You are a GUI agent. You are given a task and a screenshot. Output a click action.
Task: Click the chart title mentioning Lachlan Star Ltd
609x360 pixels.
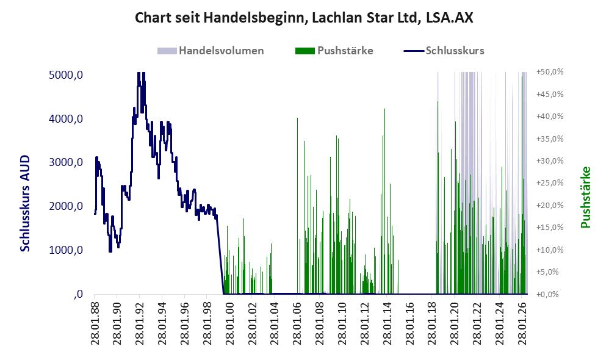(304, 18)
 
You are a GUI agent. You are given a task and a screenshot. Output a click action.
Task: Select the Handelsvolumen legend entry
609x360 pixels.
(211, 51)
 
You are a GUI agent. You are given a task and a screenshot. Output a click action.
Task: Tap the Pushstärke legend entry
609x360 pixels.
(334, 51)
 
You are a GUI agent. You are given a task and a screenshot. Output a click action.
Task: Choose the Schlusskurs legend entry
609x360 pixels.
(444, 51)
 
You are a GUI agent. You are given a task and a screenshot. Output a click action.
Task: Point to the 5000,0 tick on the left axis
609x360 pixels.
(66, 74)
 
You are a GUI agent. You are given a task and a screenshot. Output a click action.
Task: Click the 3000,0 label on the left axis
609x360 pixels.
(66, 162)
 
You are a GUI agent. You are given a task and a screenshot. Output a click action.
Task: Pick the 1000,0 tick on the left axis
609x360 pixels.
(66, 250)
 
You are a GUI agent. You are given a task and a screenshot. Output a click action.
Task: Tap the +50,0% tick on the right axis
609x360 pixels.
(550, 72)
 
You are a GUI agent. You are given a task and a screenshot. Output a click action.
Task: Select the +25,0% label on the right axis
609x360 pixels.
(550, 183)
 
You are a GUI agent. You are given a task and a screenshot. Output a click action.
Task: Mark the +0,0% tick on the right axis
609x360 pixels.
(547, 294)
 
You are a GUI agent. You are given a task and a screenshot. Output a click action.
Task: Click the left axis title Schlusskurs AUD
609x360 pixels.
(25, 203)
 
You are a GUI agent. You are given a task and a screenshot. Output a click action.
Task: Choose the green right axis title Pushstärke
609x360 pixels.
(585, 198)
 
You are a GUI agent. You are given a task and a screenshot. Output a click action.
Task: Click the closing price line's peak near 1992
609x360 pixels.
(139, 73)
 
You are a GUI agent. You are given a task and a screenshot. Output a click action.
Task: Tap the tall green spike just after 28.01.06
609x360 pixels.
(297, 206)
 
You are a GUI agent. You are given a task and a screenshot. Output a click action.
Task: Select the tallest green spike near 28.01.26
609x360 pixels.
(522, 184)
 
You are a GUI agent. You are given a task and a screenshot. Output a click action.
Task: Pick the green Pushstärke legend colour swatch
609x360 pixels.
(305, 51)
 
